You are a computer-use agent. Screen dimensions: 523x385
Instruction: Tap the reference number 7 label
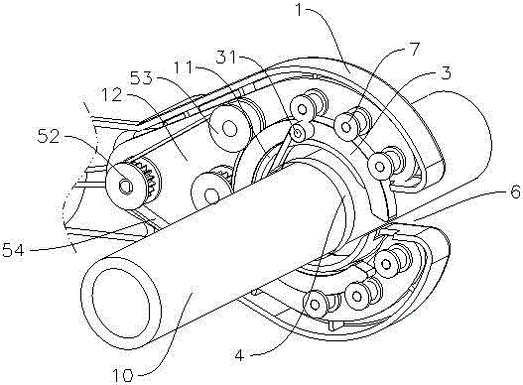click(x=413, y=50)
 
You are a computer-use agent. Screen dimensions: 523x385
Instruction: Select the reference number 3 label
click(x=445, y=72)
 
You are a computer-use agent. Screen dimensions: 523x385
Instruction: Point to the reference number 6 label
click(x=515, y=192)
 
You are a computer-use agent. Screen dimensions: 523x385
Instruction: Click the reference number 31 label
click(x=227, y=58)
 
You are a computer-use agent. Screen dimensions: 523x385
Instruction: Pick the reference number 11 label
click(x=185, y=67)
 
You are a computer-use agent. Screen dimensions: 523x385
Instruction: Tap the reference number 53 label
click(x=142, y=79)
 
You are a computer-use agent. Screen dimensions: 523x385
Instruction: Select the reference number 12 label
click(x=112, y=95)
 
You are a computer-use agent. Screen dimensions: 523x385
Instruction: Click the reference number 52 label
click(x=49, y=136)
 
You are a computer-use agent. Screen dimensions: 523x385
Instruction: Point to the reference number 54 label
click(x=13, y=250)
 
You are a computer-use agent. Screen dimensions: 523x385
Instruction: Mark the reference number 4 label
click(x=240, y=356)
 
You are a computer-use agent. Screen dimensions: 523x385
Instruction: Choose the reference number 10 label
click(x=122, y=375)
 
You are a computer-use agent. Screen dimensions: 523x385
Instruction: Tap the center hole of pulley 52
click(x=125, y=187)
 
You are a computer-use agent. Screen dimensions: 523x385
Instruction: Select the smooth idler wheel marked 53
click(x=230, y=128)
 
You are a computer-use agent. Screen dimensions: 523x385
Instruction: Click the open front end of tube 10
click(x=121, y=304)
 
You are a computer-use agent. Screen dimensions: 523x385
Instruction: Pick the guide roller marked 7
click(x=347, y=126)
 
